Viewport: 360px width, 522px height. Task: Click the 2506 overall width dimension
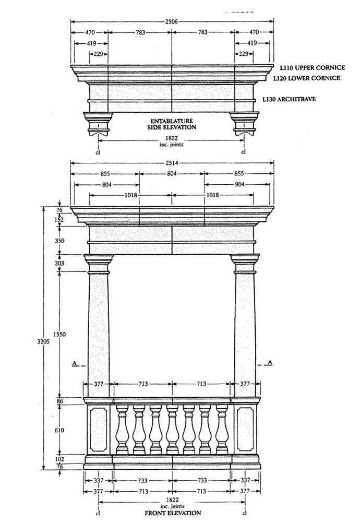[172, 21]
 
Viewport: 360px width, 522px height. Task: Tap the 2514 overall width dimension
[172, 163]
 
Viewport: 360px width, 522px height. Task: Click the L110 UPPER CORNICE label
[312, 68]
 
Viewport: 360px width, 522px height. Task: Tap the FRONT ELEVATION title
[173, 513]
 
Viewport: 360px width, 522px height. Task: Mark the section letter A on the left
[75, 362]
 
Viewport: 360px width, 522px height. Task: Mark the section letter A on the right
[269, 362]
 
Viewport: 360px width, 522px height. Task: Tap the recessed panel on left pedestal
[98, 430]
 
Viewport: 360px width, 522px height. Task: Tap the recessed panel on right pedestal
[245, 430]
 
